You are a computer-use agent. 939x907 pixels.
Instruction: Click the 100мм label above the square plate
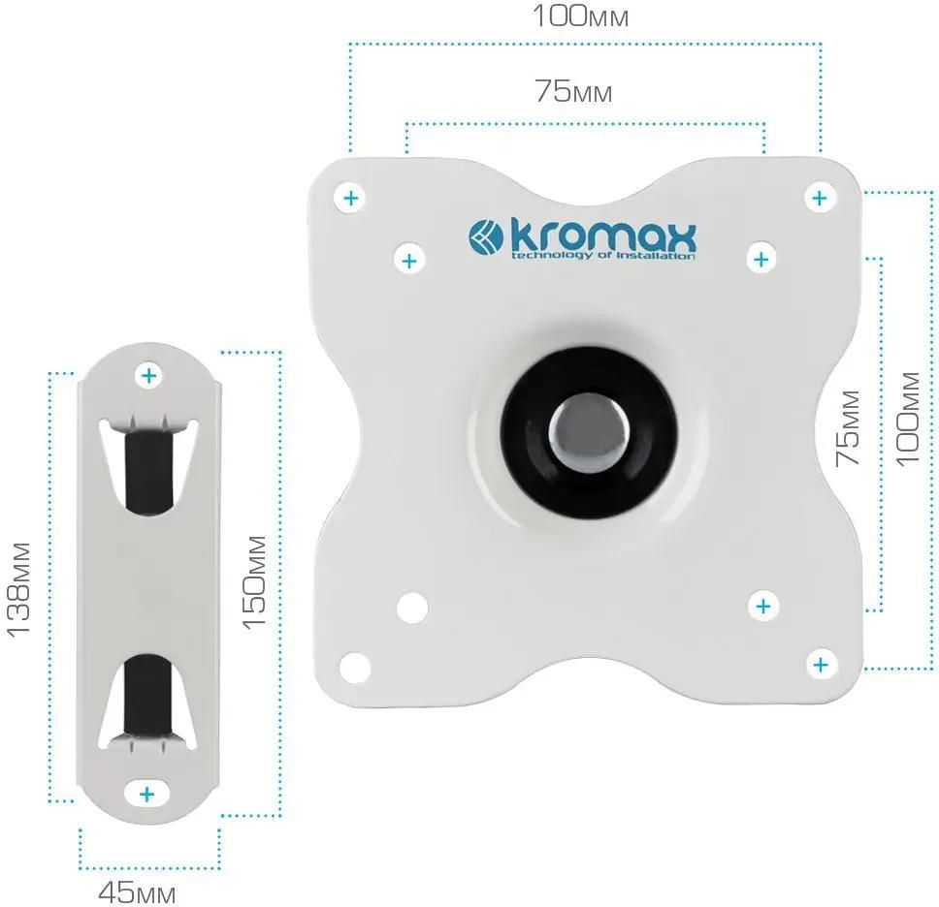click(x=580, y=16)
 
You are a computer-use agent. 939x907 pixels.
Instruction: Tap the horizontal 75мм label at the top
click(x=573, y=91)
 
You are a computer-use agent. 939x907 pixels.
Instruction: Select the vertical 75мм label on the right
click(x=848, y=428)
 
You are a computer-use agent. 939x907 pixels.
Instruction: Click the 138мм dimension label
click(x=18, y=590)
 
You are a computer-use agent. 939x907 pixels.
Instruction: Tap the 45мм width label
click(x=137, y=893)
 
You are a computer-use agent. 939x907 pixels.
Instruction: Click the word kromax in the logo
click(x=603, y=237)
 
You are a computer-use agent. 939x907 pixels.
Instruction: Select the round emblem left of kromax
click(x=486, y=236)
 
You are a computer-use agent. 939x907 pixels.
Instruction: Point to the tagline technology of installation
click(x=602, y=256)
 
